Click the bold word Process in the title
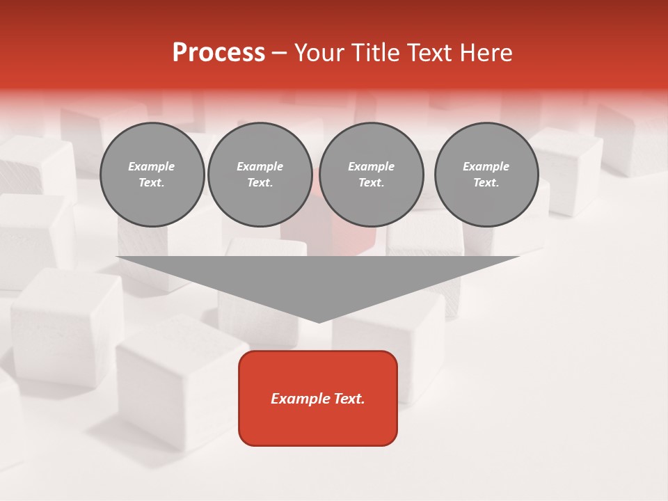click(x=218, y=53)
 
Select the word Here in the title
click(x=485, y=53)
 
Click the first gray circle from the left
click(x=152, y=175)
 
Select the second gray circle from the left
click(x=260, y=175)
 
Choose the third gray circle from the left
click(x=371, y=175)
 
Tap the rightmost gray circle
click(x=486, y=175)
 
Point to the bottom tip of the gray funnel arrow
click(x=319, y=321)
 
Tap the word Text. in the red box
click(x=349, y=399)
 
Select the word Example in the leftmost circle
click(x=152, y=166)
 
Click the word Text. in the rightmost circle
click(x=486, y=183)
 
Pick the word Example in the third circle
click(x=371, y=166)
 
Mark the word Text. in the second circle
click(x=260, y=183)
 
